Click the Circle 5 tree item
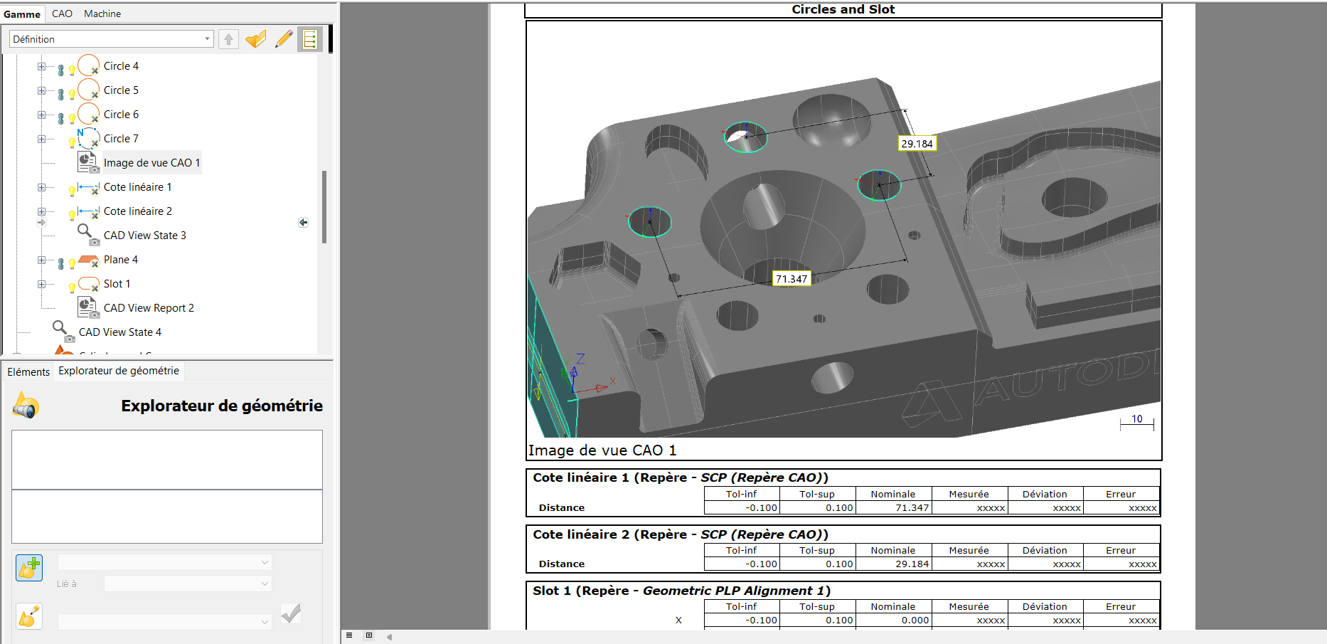pos(121,90)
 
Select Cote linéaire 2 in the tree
pos(138,211)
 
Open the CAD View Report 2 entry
pos(149,308)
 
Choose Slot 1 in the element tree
pos(117,284)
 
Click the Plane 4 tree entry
pos(121,260)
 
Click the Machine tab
pos(102,14)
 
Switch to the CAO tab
pos(62,14)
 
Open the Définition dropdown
pos(112,39)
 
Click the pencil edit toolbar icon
pos(284,39)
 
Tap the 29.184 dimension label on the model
pos(917,144)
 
